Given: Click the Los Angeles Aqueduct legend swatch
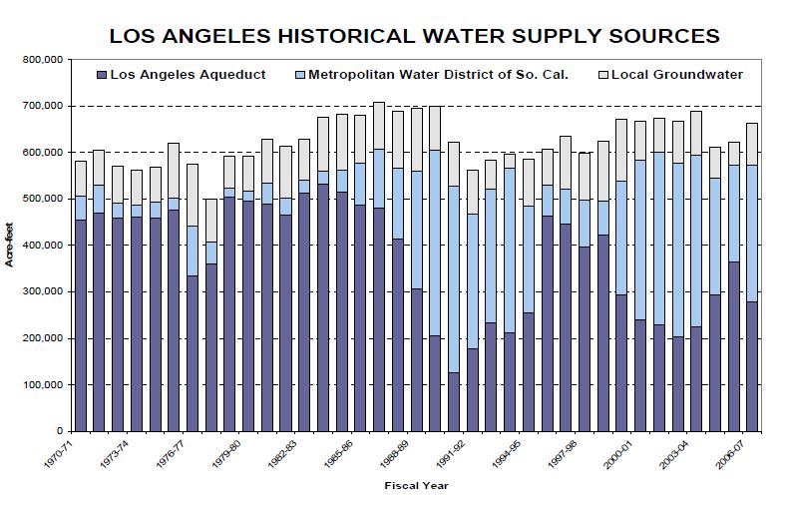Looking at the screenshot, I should point(102,75).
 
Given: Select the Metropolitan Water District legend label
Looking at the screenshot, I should point(439,75).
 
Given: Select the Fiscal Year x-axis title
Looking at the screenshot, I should point(416,486).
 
